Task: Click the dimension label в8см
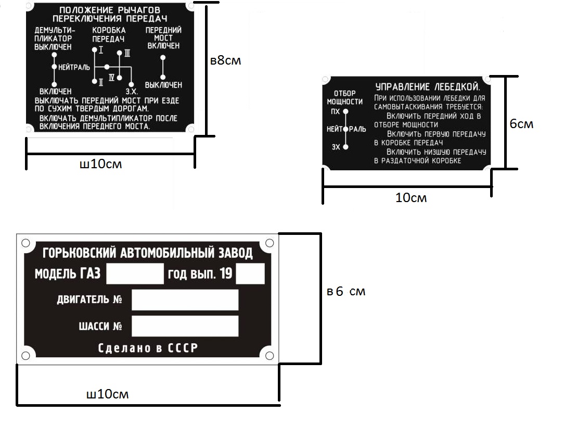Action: [x=226, y=60]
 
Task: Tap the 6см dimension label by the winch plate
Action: [x=521, y=124]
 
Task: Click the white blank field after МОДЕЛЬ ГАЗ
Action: [x=135, y=273]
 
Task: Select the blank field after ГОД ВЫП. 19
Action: [x=250, y=273]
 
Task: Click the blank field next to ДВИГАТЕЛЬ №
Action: [x=185, y=299]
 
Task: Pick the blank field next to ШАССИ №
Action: [x=185, y=326]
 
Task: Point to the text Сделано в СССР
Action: [x=148, y=348]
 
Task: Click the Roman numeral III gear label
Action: [x=126, y=53]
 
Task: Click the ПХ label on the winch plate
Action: [x=335, y=111]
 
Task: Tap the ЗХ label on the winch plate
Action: [x=336, y=147]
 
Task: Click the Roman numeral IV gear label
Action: [x=111, y=77]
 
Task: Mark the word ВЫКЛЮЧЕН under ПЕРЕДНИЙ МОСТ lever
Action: [x=163, y=85]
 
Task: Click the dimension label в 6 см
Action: [x=346, y=292]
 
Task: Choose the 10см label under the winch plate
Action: [x=411, y=197]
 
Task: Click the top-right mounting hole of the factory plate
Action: [x=269, y=243]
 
